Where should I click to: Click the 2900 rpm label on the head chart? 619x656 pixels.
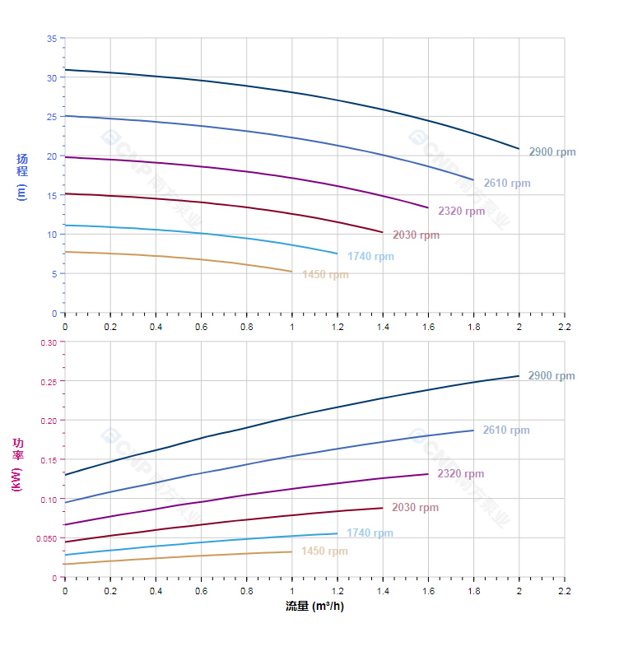552,152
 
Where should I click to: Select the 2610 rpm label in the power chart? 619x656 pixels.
505,430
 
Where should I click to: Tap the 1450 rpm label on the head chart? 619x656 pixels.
325,275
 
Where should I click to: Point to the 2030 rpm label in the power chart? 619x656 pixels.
415,508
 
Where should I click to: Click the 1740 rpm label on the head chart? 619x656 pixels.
370,257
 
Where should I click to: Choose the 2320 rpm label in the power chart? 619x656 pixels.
460,474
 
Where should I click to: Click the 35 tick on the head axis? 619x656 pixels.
52,39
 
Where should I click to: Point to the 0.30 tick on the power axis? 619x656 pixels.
49,342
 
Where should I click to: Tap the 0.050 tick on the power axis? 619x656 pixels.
47,538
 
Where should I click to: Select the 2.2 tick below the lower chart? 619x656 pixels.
564,591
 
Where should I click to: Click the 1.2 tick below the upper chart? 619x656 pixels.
337,327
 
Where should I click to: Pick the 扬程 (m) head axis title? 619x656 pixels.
22,176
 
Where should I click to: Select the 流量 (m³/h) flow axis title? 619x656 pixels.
314,607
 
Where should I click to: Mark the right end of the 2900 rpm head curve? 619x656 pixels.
519,149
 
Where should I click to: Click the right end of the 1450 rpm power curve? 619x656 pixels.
292,551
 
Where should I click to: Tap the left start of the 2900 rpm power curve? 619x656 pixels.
65,475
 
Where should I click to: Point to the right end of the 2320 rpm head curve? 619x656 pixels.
428,207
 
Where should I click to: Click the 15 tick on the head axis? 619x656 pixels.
52,195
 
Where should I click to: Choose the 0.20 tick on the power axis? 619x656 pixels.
49,421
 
